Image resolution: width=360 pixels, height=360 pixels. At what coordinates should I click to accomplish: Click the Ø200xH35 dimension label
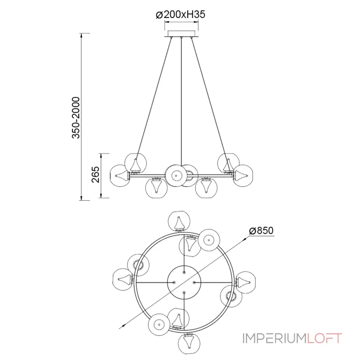pos(180,15)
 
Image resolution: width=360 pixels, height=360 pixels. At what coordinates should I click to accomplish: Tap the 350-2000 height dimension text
pos(76,117)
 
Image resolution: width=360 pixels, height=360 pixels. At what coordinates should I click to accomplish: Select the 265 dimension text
pos(96,175)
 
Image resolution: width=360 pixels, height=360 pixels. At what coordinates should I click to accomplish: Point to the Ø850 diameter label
pos(261,230)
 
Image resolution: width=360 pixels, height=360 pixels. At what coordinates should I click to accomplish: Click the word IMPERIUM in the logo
pos(274,338)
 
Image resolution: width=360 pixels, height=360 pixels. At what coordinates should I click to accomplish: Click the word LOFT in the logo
pos(324,338)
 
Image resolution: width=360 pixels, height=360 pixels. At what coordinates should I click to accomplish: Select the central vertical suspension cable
pos(181,101)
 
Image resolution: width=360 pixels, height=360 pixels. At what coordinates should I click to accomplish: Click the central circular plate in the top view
pos(184,282)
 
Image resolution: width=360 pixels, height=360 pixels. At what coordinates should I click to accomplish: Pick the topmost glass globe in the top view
pos(179,221)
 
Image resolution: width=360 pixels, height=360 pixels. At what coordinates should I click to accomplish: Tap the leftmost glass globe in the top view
pos(123,279)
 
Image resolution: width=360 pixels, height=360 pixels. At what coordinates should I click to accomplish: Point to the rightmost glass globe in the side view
pos(242,175)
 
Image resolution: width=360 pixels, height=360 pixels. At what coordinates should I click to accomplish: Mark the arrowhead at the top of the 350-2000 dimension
pos(81,36)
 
